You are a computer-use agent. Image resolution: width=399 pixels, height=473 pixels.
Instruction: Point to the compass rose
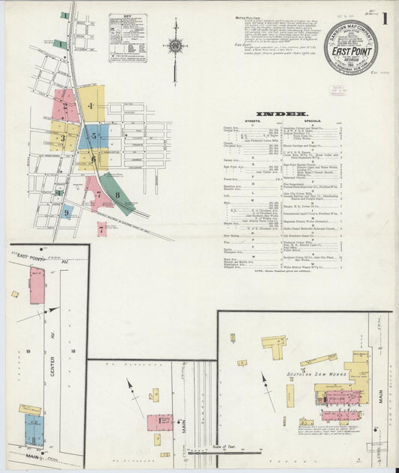click(175, 46)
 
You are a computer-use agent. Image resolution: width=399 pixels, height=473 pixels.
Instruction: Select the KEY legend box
click(128, 37)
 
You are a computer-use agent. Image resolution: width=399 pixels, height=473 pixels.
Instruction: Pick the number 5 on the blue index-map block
click(94, 136)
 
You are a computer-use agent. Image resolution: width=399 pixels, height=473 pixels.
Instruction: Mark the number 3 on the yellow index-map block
click(64, 138)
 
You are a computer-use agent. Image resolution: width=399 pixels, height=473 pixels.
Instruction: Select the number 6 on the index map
click(94, 158)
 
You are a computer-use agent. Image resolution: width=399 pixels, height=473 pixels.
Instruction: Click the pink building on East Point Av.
click(37, 285)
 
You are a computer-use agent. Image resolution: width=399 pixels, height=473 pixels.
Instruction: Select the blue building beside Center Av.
click(34, 430)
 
